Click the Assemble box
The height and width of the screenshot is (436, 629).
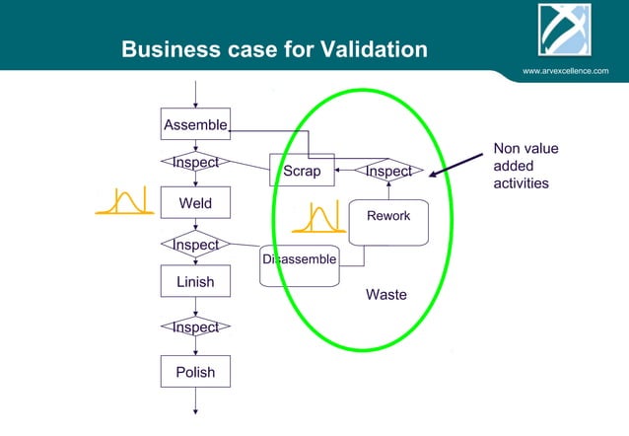coord(195,124)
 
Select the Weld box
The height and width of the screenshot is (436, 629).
coord(195,203)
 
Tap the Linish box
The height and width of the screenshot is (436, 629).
coord(195,282)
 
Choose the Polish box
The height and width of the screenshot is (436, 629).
coord(195,372)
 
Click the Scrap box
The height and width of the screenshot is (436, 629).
coord(302,171)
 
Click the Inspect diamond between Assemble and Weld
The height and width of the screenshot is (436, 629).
coord(195,162)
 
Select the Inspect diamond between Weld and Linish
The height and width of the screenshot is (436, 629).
coord(195,244)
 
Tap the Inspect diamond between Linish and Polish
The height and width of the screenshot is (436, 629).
coord(195,327)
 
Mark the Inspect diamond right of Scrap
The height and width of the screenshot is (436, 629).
coord(388,171)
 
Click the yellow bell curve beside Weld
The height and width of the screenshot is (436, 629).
coord(119,201)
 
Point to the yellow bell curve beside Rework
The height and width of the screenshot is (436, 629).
coord(318,219)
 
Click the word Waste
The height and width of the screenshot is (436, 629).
coord(385,295)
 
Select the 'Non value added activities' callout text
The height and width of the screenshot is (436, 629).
coord(524,166)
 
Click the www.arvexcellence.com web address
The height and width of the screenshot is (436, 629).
coord(565,71)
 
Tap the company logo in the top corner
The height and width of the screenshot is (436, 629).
coord(564,31)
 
